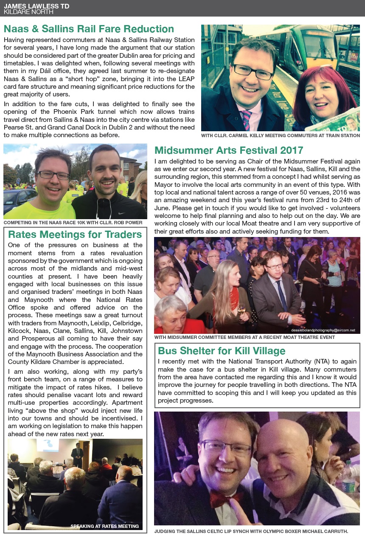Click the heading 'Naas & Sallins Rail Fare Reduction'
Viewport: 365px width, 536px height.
[x=89, y=29]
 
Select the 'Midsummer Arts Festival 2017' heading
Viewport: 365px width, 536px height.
[x=229, y=150]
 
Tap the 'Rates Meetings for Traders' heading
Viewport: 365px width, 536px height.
[x=75, y=234]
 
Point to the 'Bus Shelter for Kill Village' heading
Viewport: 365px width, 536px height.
[x=222, y=351]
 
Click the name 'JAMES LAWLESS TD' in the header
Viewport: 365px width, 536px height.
[x=36, y=6]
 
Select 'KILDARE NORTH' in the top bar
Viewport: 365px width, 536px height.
[x=28, y=12]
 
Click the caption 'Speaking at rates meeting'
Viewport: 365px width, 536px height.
[x=104, y=526]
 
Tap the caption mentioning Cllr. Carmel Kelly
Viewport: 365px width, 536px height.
[x=281, y=135]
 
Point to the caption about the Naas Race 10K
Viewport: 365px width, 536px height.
[x=73, y=223]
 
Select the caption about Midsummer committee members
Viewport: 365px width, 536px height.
[x=244, y=337]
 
